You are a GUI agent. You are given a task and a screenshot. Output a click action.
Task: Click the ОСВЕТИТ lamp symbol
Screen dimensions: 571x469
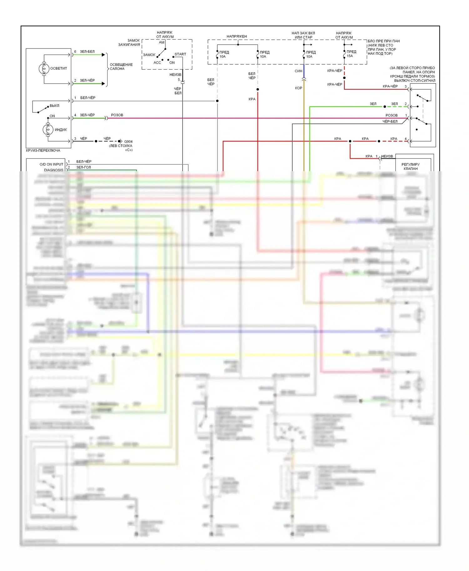tap(44, 68)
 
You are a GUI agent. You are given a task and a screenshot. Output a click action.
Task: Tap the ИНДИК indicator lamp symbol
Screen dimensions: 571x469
tap(48, 129)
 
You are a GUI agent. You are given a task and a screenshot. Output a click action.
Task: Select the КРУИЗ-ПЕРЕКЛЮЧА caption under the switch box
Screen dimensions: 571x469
tap(43, 151)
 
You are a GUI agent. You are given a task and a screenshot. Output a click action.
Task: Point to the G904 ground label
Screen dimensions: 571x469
tap(128, 142)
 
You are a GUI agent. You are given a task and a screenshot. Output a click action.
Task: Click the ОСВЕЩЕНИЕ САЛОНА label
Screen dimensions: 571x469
tap(121, 67)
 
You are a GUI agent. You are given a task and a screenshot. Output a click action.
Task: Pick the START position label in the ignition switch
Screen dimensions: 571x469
tap(180, 54)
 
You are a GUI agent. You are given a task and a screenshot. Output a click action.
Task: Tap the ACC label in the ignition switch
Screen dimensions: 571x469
tap(157, 62)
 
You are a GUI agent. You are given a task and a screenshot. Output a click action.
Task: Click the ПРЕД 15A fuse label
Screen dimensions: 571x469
tap(351, 54)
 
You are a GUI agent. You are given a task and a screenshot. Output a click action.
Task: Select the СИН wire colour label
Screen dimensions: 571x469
tap(298, 71)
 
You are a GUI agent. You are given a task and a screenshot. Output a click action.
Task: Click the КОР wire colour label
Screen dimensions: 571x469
tap(298, 88)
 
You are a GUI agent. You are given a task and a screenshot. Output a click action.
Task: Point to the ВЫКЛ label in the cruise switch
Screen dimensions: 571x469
tap(54, 106)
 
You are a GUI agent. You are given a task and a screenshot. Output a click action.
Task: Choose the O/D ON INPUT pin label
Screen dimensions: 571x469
tap(51, 164)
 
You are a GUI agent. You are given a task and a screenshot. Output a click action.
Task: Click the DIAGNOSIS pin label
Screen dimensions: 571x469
tap(53, 170)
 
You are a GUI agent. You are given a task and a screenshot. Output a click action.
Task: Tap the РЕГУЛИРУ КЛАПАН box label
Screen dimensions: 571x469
tap(411, 166)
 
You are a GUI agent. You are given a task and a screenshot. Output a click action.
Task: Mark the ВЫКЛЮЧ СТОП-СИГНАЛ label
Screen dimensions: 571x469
tap(415, 81)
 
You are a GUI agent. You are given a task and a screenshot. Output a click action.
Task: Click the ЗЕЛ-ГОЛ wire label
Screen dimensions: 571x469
tap(83, 167)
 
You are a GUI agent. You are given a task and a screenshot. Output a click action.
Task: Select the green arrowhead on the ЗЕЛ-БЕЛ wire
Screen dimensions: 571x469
tap(103, 55)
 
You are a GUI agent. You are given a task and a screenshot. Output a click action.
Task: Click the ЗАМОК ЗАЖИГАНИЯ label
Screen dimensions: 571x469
tap(129, 42)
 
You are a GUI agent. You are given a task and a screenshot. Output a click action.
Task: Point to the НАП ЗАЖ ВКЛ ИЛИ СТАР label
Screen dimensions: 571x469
tap(303, 35)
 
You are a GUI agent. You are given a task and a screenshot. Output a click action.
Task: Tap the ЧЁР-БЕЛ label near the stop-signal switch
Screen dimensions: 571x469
tap(390, 122)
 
